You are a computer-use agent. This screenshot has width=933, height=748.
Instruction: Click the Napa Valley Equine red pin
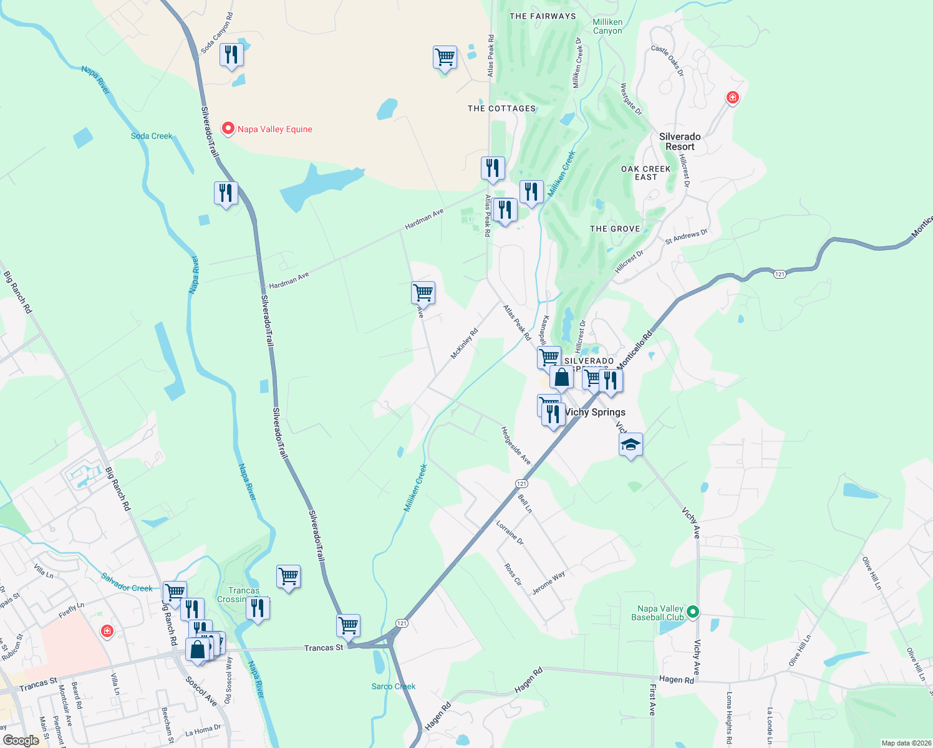228,128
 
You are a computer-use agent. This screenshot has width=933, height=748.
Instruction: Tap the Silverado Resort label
680,141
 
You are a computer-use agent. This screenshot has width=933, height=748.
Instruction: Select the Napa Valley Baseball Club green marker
692,612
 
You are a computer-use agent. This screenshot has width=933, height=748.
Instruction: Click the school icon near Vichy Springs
631,445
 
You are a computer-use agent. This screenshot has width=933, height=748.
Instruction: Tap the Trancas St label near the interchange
324,648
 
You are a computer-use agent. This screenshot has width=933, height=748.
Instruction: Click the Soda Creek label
152,136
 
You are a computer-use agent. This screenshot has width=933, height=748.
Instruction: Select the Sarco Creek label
394,686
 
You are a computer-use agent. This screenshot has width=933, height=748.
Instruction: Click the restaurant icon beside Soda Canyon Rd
231,55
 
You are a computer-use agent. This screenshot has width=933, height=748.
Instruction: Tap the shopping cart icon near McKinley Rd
423,292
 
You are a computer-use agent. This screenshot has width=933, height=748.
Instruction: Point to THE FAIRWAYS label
543,16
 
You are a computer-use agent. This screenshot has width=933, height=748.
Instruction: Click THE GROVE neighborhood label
615,229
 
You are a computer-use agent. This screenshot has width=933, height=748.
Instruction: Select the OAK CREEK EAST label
646,173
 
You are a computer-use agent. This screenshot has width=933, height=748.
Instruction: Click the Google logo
21,740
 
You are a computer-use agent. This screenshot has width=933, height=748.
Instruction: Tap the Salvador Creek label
127,583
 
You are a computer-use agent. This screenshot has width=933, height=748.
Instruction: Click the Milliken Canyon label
607,26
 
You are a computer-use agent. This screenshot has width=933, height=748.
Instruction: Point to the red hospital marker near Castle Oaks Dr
732,97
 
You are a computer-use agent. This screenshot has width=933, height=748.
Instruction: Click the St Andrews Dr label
686,237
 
